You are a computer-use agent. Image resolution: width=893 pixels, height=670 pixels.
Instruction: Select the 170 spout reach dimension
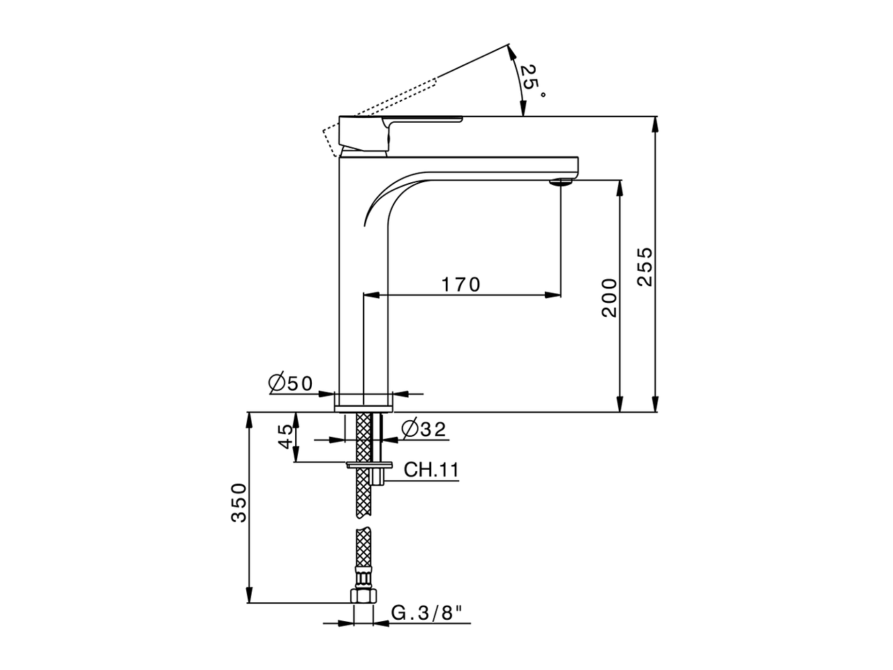(x=460, y=285)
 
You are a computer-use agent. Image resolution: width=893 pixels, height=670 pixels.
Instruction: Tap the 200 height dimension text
(x=610, y=297)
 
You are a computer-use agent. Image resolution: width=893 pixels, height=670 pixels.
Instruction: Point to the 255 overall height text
(x=645, y=265)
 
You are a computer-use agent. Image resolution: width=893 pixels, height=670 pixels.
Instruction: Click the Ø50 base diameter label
(x=290, y=382)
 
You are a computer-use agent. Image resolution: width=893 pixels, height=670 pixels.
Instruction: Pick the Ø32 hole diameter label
(x=423, y=429)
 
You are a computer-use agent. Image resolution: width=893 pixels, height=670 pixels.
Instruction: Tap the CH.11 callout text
(x=432, y=470)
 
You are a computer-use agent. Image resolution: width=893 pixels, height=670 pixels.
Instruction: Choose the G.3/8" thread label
(x=428, y=613)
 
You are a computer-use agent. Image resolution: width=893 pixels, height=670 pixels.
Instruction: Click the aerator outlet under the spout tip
(x=561, y=182)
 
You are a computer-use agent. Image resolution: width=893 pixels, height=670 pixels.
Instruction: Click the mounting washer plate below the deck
(x=368, y=463)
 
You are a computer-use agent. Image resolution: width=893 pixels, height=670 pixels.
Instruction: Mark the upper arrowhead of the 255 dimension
(x=654, y=123)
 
